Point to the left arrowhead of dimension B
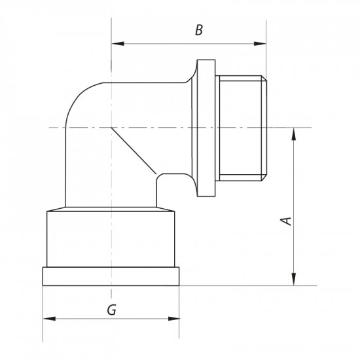click(115, 44)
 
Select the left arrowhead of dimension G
click(47, 319)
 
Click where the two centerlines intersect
click(111, 127)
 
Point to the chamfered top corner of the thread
click(266, 80)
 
